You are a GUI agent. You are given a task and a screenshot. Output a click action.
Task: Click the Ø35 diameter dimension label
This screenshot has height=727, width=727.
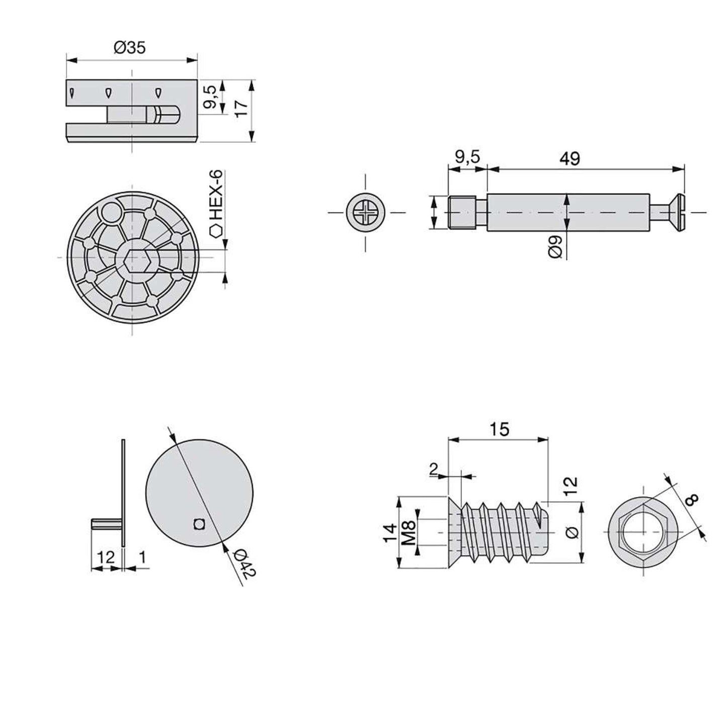pos(129,48)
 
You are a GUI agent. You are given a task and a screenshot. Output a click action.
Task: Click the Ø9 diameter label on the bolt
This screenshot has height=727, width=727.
pos(555,247)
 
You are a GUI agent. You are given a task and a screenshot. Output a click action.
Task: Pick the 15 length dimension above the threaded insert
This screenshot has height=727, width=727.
pos(499,429)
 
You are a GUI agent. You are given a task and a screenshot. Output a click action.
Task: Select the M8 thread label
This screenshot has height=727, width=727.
pos(410,533)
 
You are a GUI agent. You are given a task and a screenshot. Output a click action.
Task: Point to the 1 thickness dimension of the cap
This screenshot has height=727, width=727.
pos(142,556)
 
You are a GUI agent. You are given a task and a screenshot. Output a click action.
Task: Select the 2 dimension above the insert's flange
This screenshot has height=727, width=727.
pos(433,469)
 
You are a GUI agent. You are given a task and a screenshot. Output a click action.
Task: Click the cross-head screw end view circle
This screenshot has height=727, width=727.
pos(366,212)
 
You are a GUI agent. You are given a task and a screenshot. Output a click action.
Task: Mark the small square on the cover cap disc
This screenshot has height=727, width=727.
pos(200,525)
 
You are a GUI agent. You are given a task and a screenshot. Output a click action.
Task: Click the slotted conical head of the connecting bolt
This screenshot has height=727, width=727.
pos(676,213)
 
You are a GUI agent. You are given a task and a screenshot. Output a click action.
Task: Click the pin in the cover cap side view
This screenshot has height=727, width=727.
pos(106,525)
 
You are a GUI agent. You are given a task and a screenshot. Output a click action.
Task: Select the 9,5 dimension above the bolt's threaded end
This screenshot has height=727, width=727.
pos(467,157)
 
